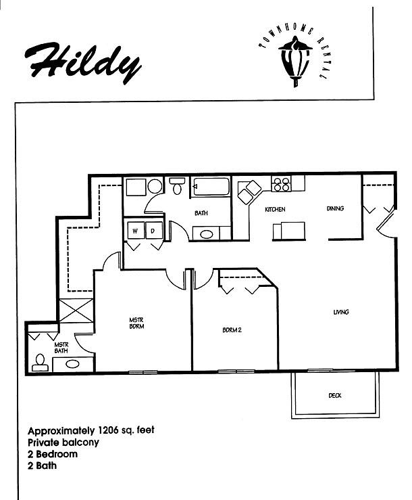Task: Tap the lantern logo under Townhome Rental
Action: coord(295,62)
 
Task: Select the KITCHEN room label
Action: coord(275,210)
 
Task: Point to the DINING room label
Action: coord(335,209)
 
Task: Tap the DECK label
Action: coord(334,396)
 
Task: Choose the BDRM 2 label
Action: coord(232,331)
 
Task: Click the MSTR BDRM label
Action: coord(138,322)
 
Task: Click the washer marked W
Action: coord(134,231)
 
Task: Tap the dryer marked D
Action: coord(153,231)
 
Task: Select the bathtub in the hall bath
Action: coord(210,186)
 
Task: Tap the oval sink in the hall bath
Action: coord(207,235)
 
